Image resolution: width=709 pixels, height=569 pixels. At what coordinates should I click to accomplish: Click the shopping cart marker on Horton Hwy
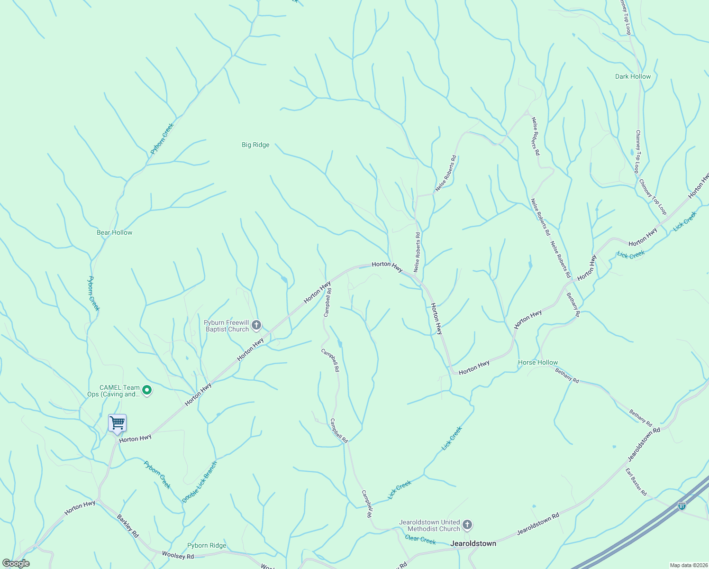(x=117, y=423)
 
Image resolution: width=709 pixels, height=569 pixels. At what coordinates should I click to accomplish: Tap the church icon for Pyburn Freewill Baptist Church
(x=256, y=325)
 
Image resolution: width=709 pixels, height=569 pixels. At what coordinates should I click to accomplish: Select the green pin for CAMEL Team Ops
(x=147, y=390)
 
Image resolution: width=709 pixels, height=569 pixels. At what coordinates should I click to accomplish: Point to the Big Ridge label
(x=255, y=145)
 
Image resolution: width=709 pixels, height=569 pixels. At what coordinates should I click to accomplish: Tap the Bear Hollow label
(x=115, y=232)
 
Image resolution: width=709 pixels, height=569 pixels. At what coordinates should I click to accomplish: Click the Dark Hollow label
(x=633, y=76)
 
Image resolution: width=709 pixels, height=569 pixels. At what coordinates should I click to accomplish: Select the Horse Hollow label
(x=538, y=362)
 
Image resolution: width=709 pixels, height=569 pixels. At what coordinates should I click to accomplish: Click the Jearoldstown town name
(x=473, y=543)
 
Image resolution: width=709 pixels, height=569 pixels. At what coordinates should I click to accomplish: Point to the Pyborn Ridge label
(x=207, y=545)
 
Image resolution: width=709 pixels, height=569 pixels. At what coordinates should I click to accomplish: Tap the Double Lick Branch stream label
(x=200, y=482)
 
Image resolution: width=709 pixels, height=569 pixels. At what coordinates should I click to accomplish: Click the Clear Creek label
(x=420, y=540)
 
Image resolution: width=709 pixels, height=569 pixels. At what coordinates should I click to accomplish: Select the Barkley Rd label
(x=128, y=525)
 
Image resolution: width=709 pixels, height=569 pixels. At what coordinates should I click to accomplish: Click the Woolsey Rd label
(x=178, y=555)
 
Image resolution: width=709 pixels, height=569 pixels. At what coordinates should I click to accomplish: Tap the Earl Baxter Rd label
(x=636, y=482)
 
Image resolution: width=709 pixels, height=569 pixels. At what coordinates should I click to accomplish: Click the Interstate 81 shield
(x=682, y=506)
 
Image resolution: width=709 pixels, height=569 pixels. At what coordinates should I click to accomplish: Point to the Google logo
(x=16, y=563)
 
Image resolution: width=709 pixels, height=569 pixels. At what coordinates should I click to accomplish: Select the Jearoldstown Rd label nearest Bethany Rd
(x=644, y=444)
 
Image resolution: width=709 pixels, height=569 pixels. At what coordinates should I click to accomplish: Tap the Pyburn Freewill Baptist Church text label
(x=227, y=326)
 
